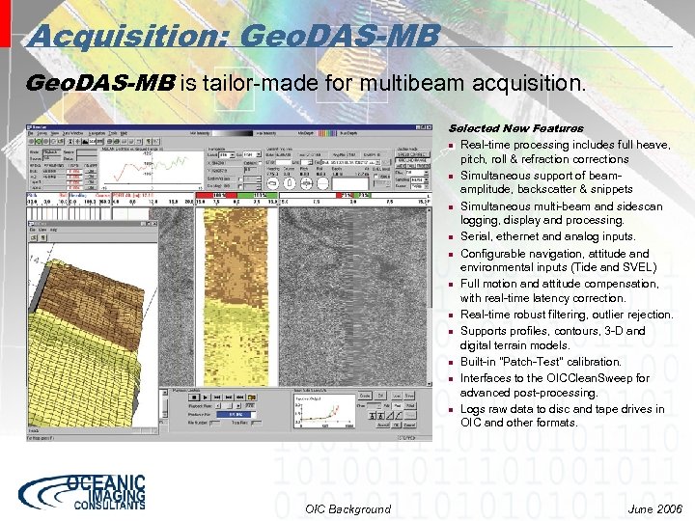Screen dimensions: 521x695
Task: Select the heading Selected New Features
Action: tap(515, 128)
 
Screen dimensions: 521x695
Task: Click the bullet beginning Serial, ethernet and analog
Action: tap(547, 236)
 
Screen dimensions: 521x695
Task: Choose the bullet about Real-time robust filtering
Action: tap(566, 315)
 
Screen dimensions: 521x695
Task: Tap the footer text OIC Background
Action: tap(347, 508)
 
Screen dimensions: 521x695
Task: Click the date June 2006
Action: tap(653, 508)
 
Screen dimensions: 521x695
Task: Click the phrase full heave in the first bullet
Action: tap(646, 145)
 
